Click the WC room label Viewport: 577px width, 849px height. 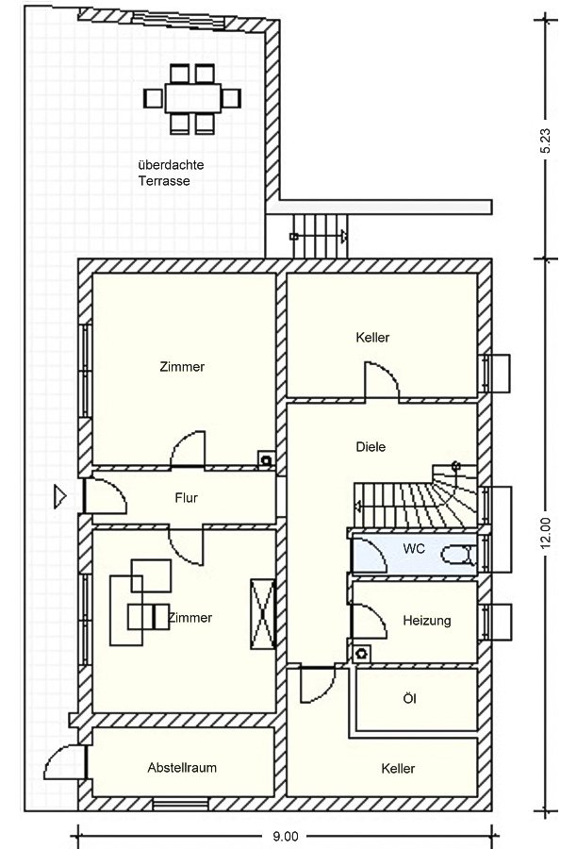tap(414, 548)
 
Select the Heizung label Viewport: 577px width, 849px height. tap(427, 621)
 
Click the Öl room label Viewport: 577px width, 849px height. tap(410, 698)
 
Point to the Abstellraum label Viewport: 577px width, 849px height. tap(182, 767)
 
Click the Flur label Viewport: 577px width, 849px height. tap(186, 497)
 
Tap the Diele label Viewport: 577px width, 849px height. tap(371, 447)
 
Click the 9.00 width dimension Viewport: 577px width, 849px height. tap(286, 837)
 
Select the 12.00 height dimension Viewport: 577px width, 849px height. tap(545, 534)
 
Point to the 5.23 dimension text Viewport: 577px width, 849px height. tap(545, 141)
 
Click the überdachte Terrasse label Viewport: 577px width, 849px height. tap(171, 173)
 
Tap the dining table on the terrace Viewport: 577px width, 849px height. tap(192, 98)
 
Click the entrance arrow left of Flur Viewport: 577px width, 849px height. tap(59, 496)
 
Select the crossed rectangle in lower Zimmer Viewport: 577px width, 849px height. tap(263, 614)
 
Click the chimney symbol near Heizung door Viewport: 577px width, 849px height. tap(361, 654)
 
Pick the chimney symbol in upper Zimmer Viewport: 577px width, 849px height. tap(266, 460)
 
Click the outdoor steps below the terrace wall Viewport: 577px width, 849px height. tap(320, 236)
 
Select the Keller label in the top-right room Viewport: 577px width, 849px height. tap(372, 338)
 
